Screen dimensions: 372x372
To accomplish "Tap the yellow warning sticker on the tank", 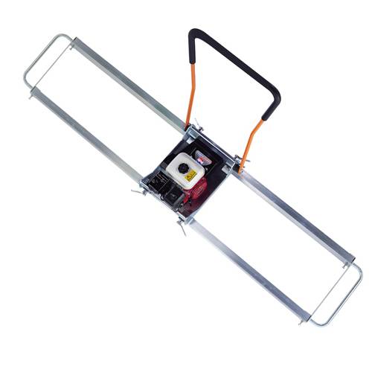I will [190, 176].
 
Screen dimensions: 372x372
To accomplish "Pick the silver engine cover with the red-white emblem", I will [202, 159].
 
